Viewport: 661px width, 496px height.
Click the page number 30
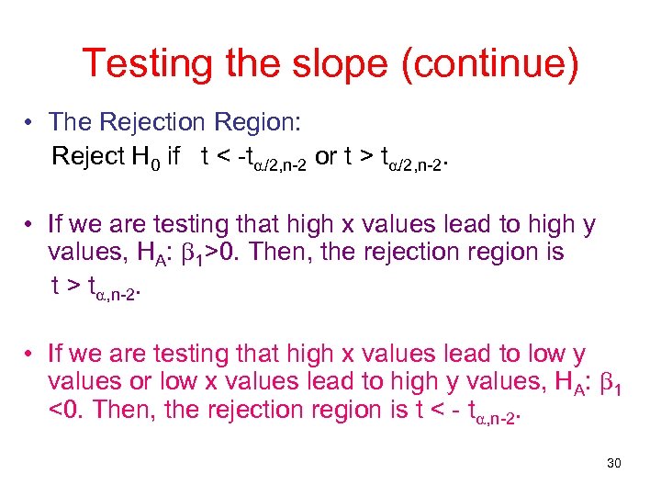pyautogui.click(x=614, y=463)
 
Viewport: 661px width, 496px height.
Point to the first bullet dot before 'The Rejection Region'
pyautogui.click(x=30, y=123)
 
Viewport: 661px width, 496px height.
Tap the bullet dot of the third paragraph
pyautogui.click(x=30, y=354)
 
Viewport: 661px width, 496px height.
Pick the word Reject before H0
pyautogui.click(x=87, y=156)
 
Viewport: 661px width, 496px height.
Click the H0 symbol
pyautogui.click(x=145, y=158)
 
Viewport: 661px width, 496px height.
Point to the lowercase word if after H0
pyautogui.click(x=174, y=156)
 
